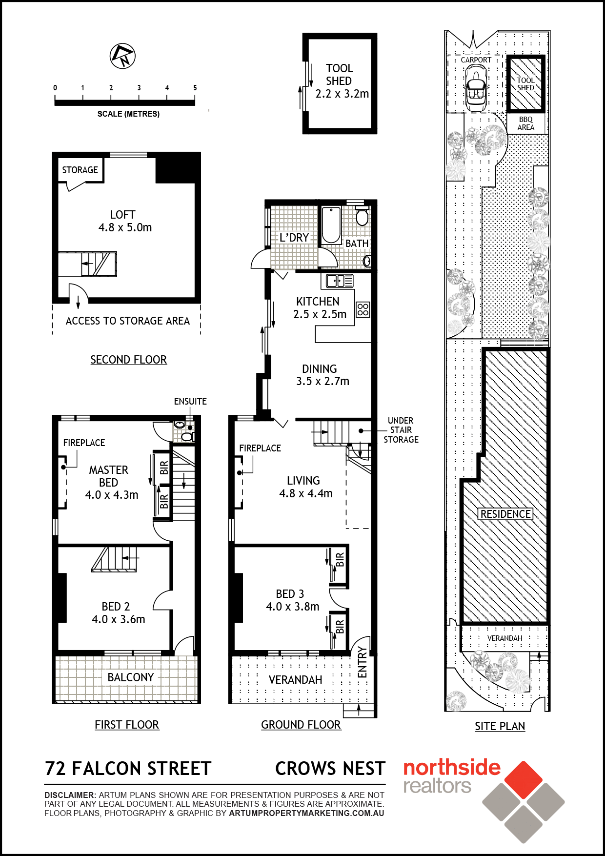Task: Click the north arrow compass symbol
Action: pos(122,56)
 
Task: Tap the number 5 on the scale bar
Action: pos(195,88)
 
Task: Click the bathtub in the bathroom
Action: pos(331,225)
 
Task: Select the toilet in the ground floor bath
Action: pos(362,216)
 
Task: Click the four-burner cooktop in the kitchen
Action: pos(363,309)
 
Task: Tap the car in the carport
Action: pos(476,88)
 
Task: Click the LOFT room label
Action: pos(122,215)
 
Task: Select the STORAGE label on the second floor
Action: pos(80,170)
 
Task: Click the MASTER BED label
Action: pos(108,476)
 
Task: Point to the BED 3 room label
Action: pos(290,594)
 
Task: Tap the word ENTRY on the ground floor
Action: pos(362,662)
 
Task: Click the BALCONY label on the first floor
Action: pos(131,677)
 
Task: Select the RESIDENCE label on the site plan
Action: pos(505,514)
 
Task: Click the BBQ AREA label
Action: pos(526,123)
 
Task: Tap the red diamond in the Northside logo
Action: pos(524,780)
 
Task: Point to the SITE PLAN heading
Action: pos(500,726)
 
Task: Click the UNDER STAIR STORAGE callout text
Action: pos(401,430)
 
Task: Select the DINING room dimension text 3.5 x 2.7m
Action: pos(323,381)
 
